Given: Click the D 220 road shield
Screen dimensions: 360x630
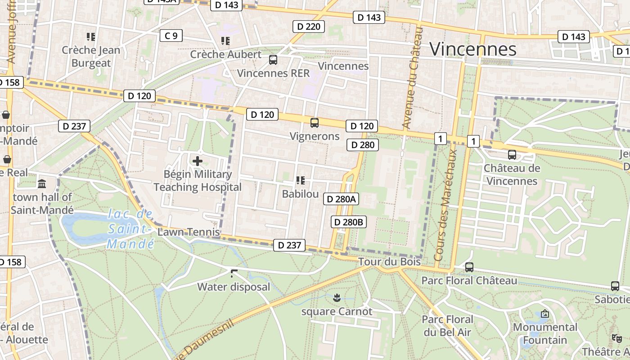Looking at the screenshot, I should (309, 27).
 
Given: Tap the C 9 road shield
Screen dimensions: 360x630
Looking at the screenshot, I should (171, 36).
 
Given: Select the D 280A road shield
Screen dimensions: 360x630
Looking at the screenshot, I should (341, 199).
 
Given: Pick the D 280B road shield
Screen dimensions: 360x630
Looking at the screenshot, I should (348, 222).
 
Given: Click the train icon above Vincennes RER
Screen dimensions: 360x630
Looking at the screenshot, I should (273, 59).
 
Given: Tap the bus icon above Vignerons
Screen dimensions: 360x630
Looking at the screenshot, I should (315, 122).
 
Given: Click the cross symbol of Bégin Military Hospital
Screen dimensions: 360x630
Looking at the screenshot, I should (197, 161).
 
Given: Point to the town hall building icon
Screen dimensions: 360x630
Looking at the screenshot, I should (42, 184).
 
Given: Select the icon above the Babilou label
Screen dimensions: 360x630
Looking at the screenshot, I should (300, 180).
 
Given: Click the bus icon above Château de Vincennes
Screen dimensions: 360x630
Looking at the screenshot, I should (512, 155).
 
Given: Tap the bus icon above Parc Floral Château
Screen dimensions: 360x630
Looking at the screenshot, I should (469, 267).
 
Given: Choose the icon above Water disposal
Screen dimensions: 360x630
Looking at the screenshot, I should (234, 273).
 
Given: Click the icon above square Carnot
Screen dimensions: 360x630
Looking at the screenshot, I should (337, 297).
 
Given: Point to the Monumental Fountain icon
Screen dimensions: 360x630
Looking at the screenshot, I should (545, 314).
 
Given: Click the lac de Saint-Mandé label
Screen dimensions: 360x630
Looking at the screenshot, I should (131, 229).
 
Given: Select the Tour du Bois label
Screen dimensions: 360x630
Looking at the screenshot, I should (389, 261).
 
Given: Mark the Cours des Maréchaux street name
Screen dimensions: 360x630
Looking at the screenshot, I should (446, 205).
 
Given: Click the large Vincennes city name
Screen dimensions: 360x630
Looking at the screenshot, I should (473, 49).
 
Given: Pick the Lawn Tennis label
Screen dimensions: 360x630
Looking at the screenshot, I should (189, 232).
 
